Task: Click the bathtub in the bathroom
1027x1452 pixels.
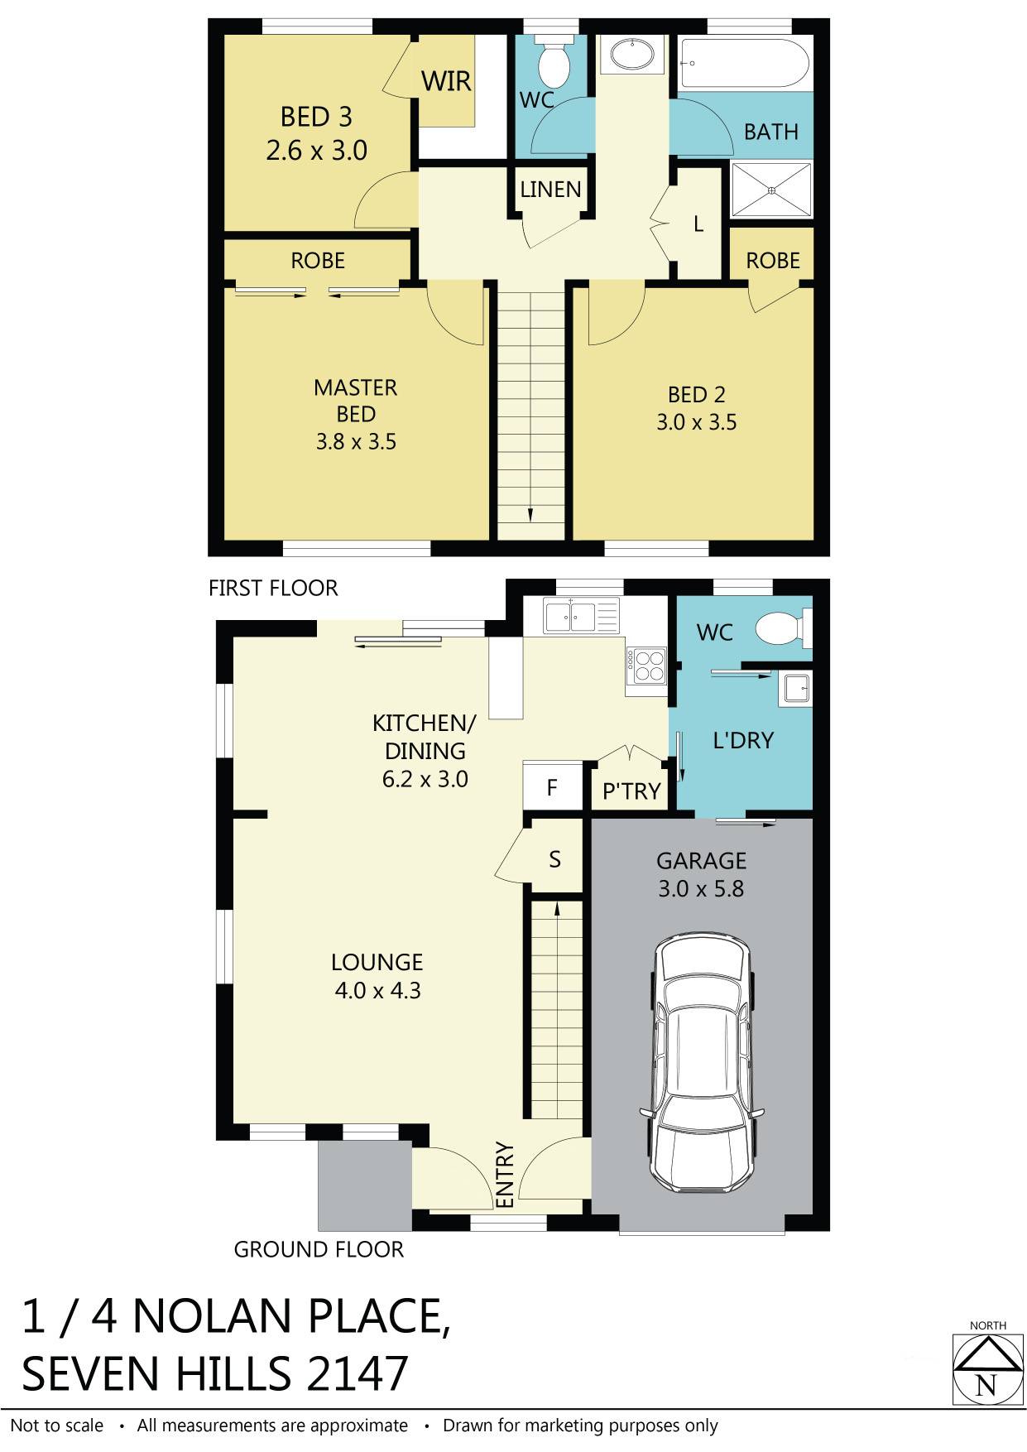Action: pyautogui.click(x=743, y=62)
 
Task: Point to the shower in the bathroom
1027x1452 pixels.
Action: pyautogui.click(x=771, y=190)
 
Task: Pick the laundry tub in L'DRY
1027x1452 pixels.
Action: pyautogui.click(x=795, y=688)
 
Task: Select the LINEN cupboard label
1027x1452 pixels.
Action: pyautogui.click(x=550, y=190)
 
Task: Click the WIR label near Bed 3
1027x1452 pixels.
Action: pyautogui.click(x=446, y=81)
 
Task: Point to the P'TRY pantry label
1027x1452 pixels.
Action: pyautogui.click(x=631, y=791)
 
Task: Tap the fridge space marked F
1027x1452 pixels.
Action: pyautogui.click(x=552, y=787)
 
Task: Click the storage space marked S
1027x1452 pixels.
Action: pyautogui.click(x=554, y=859)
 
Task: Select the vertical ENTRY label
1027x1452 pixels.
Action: pyautogui.click(x=505, y=1175)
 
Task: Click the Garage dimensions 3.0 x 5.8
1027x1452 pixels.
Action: pyautogui.click(x=701, y=889)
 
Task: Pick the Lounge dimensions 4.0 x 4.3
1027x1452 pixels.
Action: pyautogui.click(x=377, y=990)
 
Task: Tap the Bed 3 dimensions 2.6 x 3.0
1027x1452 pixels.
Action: pyautogui.click(x=316, y=151)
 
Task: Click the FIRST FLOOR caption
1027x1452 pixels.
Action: pyautogui.click(x=273, y=588)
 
